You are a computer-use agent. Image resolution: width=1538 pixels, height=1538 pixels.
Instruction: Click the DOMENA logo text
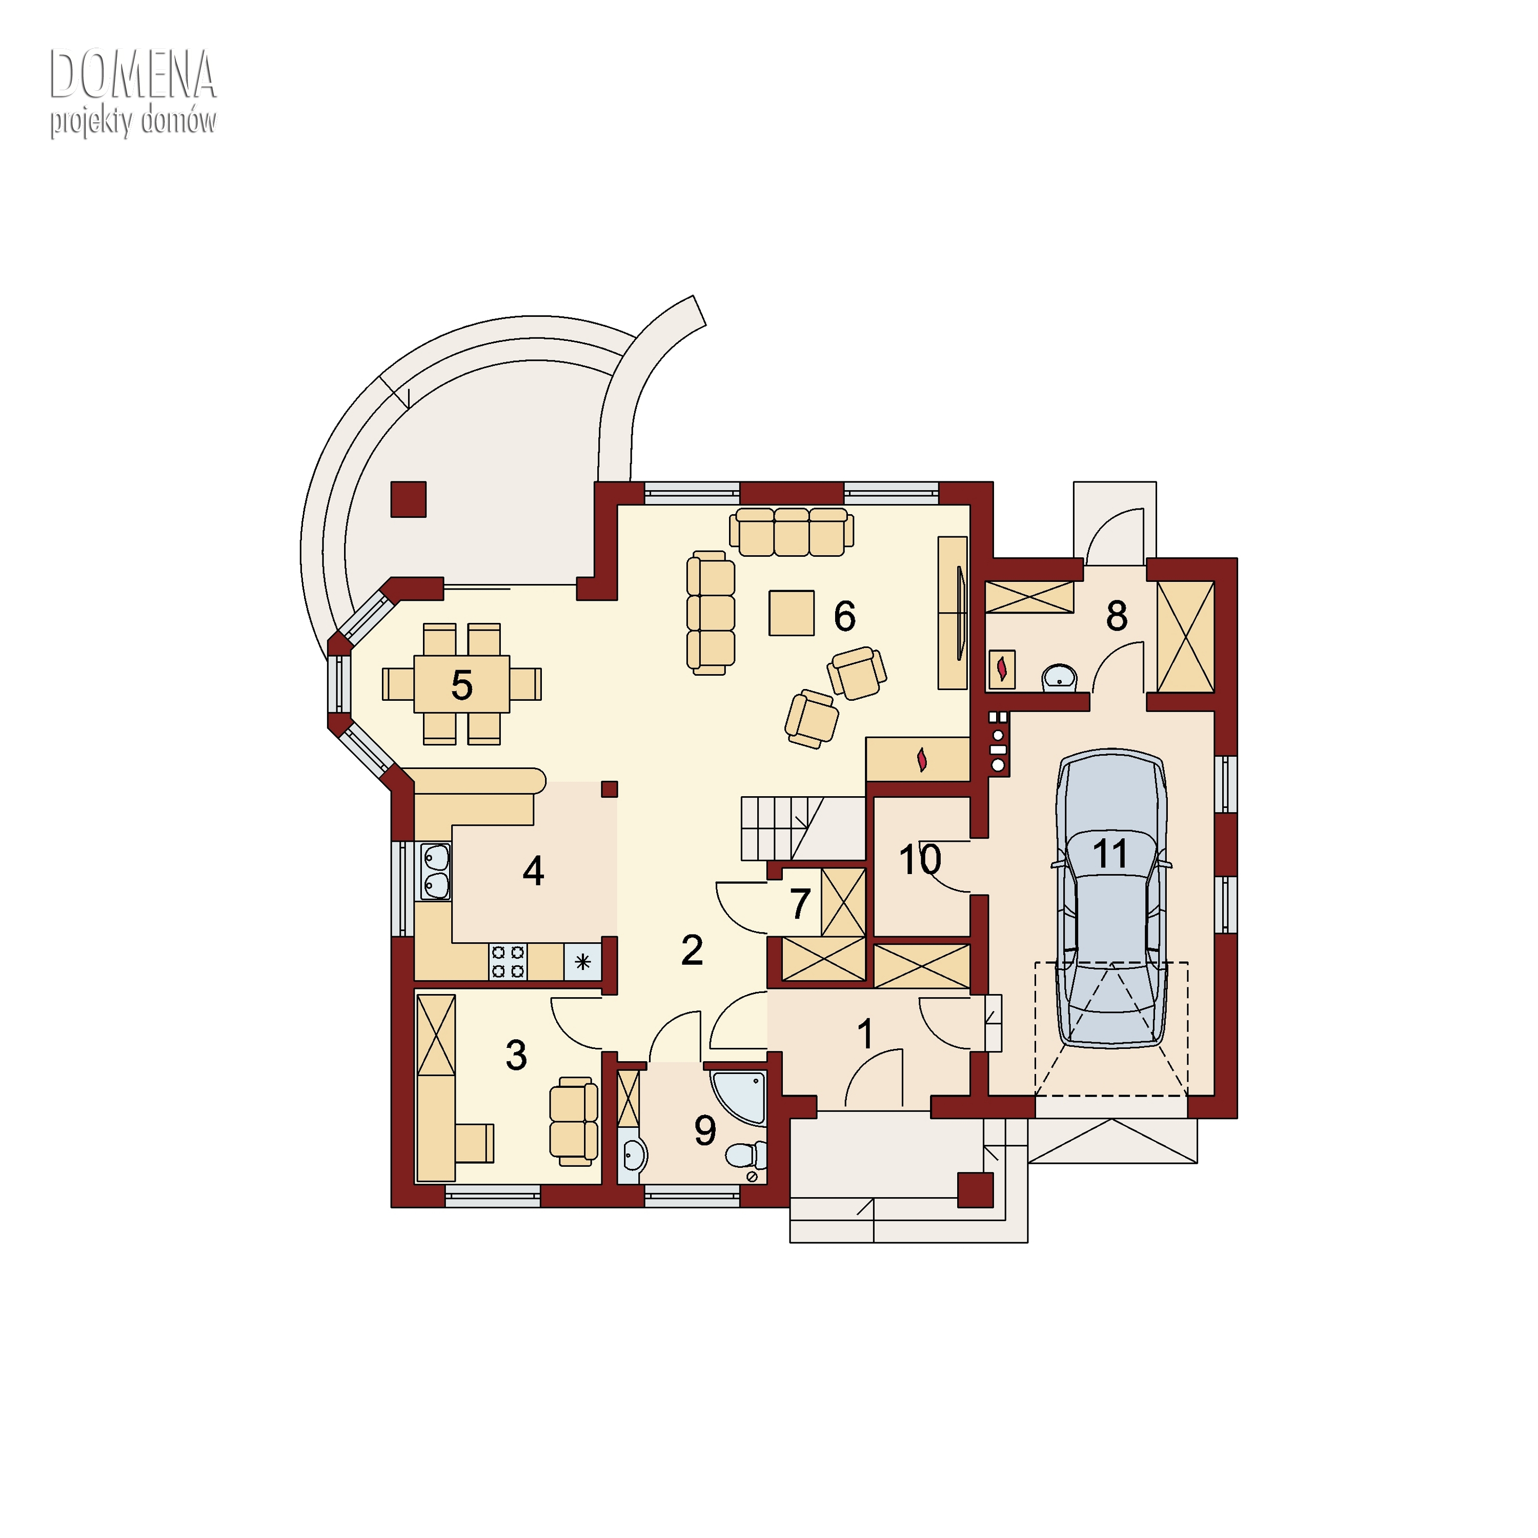(133, 74)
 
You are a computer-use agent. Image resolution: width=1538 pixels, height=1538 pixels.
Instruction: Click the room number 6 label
(845, 616)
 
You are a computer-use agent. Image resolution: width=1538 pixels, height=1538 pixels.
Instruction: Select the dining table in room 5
(462, 684)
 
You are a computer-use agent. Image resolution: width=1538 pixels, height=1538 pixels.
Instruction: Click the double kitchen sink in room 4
(435, 872)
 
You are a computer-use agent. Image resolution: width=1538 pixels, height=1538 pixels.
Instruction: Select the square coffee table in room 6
(791, 613)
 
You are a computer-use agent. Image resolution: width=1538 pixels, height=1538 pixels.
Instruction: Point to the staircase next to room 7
(802, 828)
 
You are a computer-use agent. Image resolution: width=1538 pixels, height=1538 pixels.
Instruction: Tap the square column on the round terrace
(409, 499)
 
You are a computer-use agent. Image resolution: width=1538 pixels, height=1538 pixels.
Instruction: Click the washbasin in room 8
(1060, 677)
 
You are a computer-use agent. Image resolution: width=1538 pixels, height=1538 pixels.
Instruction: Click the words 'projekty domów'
(133, 122)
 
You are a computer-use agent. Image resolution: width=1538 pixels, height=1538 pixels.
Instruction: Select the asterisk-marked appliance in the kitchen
(583, 962)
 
